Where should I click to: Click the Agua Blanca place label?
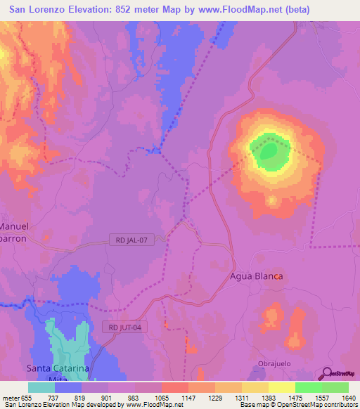257,276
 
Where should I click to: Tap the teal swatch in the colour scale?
41,387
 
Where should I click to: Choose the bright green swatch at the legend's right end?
335,387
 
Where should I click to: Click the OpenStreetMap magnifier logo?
326,375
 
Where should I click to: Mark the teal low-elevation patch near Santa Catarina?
67,337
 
